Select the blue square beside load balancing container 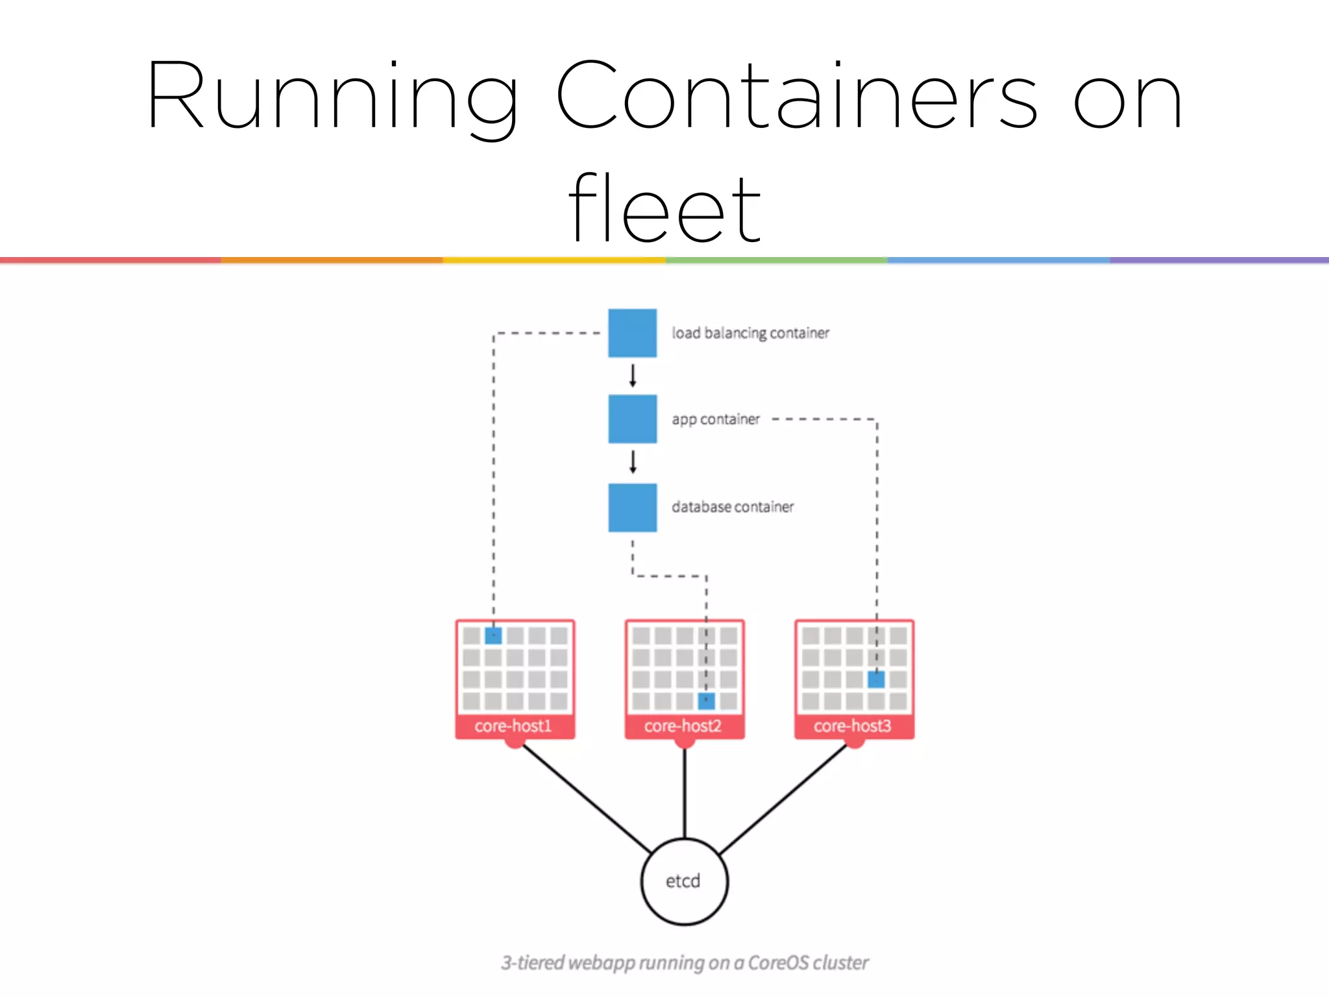click(x=632, y=333)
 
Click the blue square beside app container click(x=632, y=419)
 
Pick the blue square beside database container click(x=632, y=508)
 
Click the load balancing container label click(x=750, y=333)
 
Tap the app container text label click(x=715, y=419)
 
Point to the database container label click(x=732, y=507)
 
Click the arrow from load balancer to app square click(x=633, y=376)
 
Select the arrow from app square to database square click(x=633, y=462)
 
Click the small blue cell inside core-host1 click(x=493, y=635)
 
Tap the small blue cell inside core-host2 click(x=706, y=701)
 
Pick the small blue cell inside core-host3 click(x=876, y=680)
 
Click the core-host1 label click(x=513, y=726)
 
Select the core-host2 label click(x=683, y=726)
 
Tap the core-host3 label click(x=853, y=726)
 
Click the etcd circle click(x=684, y=881)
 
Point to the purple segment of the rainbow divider click(x=1219, y=260)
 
